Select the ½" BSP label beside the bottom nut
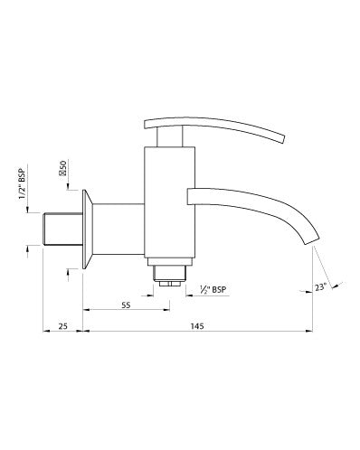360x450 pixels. coord(213,290)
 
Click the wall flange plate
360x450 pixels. coord(84,230)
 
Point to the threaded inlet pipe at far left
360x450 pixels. coord(61,230)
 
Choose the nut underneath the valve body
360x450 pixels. coord(169,273)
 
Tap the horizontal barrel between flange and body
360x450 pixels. coord(118,230)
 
